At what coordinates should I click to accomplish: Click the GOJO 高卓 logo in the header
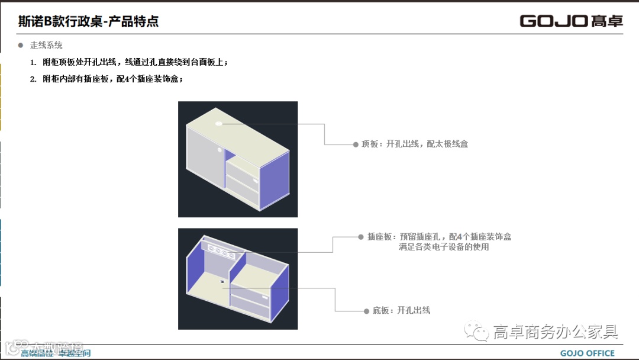571,21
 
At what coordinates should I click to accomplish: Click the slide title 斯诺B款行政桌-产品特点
88,22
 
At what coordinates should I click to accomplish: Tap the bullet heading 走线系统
46,45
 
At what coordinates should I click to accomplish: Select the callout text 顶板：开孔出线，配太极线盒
415,144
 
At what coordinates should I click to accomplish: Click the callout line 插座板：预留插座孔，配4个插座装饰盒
439,237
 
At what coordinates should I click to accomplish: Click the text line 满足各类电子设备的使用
444,247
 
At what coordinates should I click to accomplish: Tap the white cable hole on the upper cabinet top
219,123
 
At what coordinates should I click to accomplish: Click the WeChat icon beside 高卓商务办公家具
476,332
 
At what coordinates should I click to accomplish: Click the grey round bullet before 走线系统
21,45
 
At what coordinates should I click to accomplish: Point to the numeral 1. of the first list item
34,62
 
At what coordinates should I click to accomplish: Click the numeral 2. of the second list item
34,79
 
